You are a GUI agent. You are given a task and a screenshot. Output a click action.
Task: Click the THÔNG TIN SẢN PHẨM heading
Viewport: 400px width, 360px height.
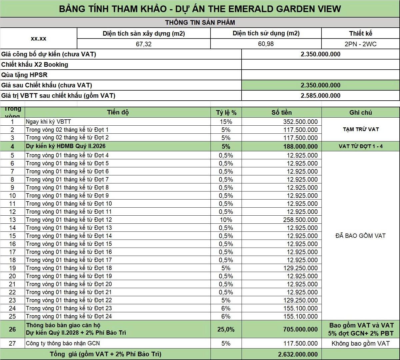click(200, 23)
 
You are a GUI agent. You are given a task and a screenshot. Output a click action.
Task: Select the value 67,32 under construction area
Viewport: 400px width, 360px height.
click(144, 44)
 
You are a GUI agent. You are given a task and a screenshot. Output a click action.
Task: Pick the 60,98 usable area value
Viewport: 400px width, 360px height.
click(266, 44)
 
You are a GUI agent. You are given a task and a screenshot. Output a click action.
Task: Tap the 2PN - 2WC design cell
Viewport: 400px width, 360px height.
click(361, 44)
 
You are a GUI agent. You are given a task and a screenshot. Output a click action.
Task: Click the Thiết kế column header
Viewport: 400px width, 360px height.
click(361, 33)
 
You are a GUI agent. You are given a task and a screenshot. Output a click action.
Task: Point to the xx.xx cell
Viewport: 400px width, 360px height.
click(39, 39)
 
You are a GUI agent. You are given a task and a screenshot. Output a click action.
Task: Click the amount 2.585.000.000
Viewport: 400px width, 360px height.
click(320, 96)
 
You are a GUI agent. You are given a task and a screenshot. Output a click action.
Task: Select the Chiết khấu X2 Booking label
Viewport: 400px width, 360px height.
click(35, 65)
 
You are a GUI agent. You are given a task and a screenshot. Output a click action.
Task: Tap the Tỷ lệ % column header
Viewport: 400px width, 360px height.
click(226, 113)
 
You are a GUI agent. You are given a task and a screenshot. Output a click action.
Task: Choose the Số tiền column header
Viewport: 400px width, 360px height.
click(281, 113)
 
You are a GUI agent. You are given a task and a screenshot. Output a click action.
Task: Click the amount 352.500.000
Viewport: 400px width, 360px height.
click(300, 122)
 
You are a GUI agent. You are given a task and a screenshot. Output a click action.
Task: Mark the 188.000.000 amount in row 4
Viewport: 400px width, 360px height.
click(300, 146)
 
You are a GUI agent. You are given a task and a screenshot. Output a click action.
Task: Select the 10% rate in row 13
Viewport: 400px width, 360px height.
click(226, 220)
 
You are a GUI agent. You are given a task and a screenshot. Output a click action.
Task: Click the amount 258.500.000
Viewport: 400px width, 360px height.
click(300, 220)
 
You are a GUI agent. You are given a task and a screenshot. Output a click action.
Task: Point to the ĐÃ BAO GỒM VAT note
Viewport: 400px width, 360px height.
click(360, 236)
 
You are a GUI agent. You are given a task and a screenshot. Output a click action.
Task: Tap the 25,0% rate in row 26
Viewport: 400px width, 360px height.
click(226, 329)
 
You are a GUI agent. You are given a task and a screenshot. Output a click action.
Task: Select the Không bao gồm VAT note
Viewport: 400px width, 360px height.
click(360, 343)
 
